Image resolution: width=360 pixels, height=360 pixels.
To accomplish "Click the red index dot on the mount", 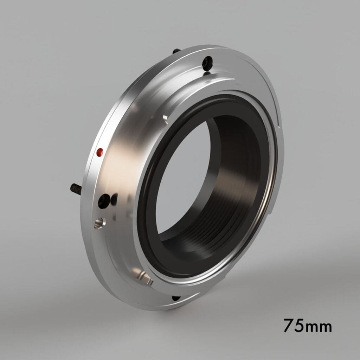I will [x=100, y=152].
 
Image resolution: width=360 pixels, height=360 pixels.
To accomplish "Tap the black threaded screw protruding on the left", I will [x=76, y=189].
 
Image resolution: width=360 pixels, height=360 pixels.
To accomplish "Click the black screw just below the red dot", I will [x=104, y=201].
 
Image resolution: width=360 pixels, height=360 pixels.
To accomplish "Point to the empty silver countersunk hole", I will [x=99, y=223].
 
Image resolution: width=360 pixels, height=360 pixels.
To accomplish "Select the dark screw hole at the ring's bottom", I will [x=176, y=298].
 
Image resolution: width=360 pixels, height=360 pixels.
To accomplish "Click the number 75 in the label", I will [x=295, y=326].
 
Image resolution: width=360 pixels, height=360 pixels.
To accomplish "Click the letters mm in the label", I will [x=320, y=327].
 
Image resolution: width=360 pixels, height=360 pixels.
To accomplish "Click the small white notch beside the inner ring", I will [x=165, y=118].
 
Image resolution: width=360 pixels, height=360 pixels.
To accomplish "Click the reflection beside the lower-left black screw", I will [x=114, y=200].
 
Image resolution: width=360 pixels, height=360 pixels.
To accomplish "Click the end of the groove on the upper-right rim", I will [x=278, y=125].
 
